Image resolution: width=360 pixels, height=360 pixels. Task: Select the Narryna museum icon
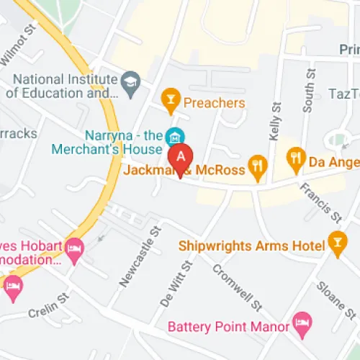174,136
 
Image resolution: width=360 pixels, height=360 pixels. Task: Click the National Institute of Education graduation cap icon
130,79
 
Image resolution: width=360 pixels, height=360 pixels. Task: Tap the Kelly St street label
274,122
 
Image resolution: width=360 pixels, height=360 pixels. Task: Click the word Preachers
215,103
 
